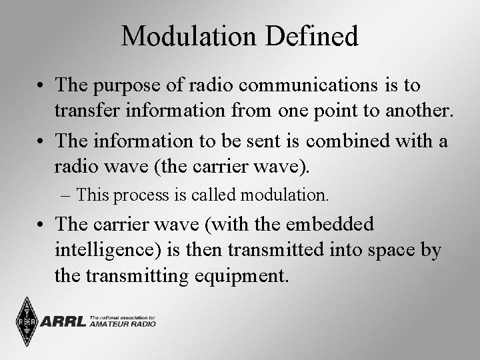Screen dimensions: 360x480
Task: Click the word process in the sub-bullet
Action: coord(138,195)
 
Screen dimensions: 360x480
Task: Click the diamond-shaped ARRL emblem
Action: coord(27,321)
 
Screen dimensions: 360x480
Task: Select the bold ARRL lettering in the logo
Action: coord(63,322)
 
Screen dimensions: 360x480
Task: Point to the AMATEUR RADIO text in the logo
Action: coord(122,324)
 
